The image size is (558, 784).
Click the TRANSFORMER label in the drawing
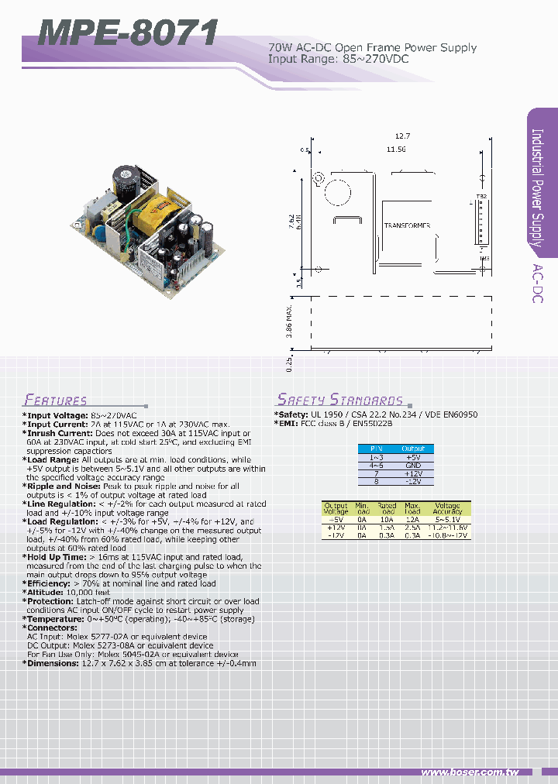click(x=407, y=225)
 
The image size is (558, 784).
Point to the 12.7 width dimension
click(x=401, y=136)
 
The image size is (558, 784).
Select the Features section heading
click(x=56, y=401)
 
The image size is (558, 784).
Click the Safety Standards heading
click(x=340, y=400)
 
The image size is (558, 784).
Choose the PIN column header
click(x=376, y=449)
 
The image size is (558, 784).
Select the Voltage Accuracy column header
click(x=447, y=509)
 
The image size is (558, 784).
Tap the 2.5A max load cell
click(x=412, y=528)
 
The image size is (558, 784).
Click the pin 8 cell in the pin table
click(x=376, y=481)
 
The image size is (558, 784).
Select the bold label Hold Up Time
click(x=55, y=556)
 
